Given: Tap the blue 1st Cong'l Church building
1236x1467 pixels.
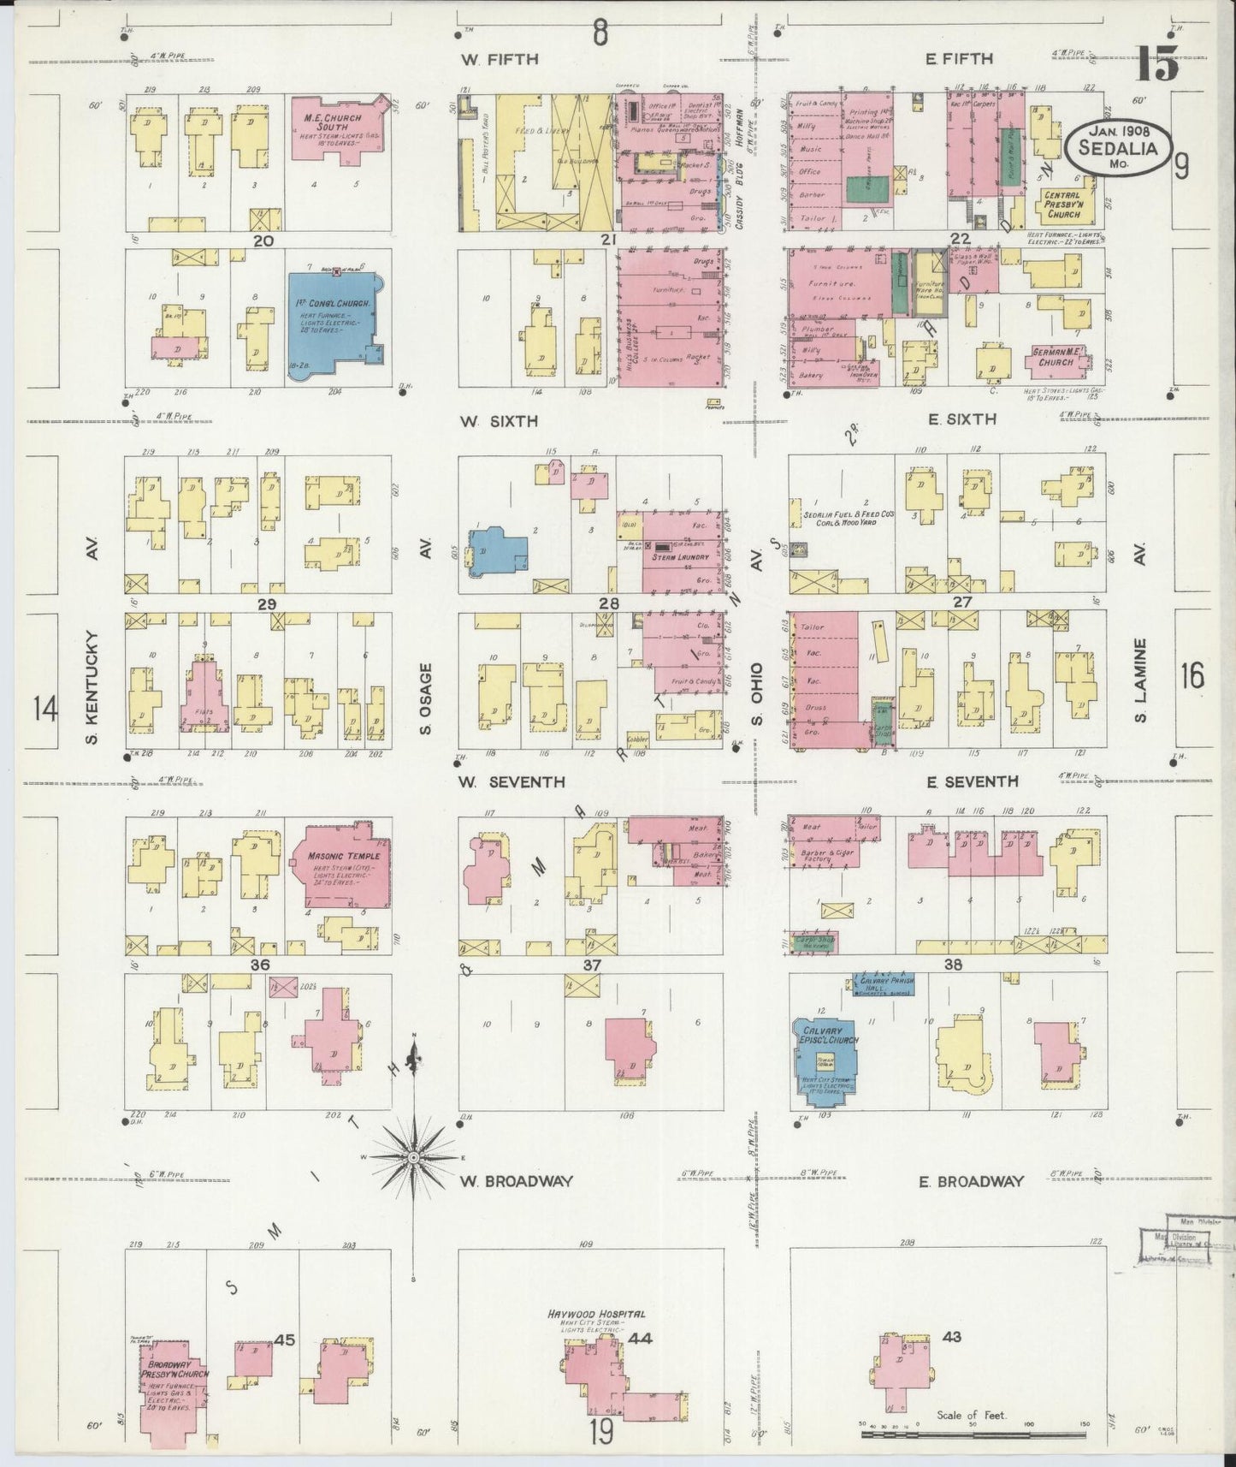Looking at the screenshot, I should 329,321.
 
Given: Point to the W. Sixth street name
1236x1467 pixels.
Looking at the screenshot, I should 498,421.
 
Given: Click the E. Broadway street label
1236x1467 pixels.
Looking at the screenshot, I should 971,1182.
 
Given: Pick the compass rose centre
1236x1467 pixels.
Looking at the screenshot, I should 414,1157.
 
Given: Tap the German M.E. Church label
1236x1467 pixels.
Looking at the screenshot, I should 1056,356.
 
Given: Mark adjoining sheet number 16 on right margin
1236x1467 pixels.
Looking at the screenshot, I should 1192,676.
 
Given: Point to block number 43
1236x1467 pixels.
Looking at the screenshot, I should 951,1337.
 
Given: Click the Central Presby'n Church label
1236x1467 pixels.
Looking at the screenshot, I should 1062,205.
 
